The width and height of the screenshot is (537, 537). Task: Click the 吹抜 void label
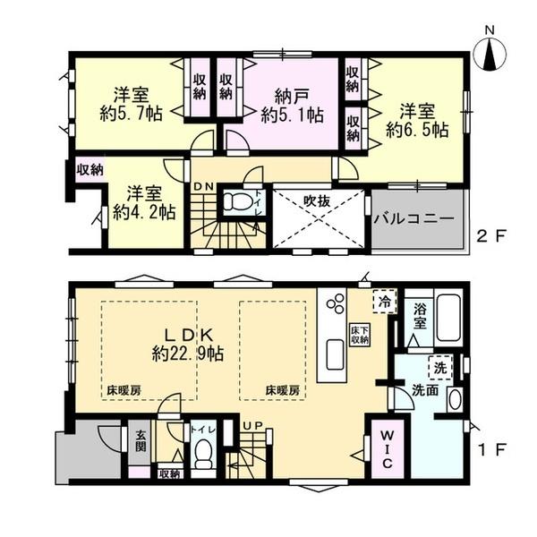317,201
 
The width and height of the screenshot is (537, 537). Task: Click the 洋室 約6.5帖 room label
417,120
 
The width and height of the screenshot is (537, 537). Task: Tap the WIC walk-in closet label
382,451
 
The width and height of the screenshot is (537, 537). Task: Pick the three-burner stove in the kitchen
335,306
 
